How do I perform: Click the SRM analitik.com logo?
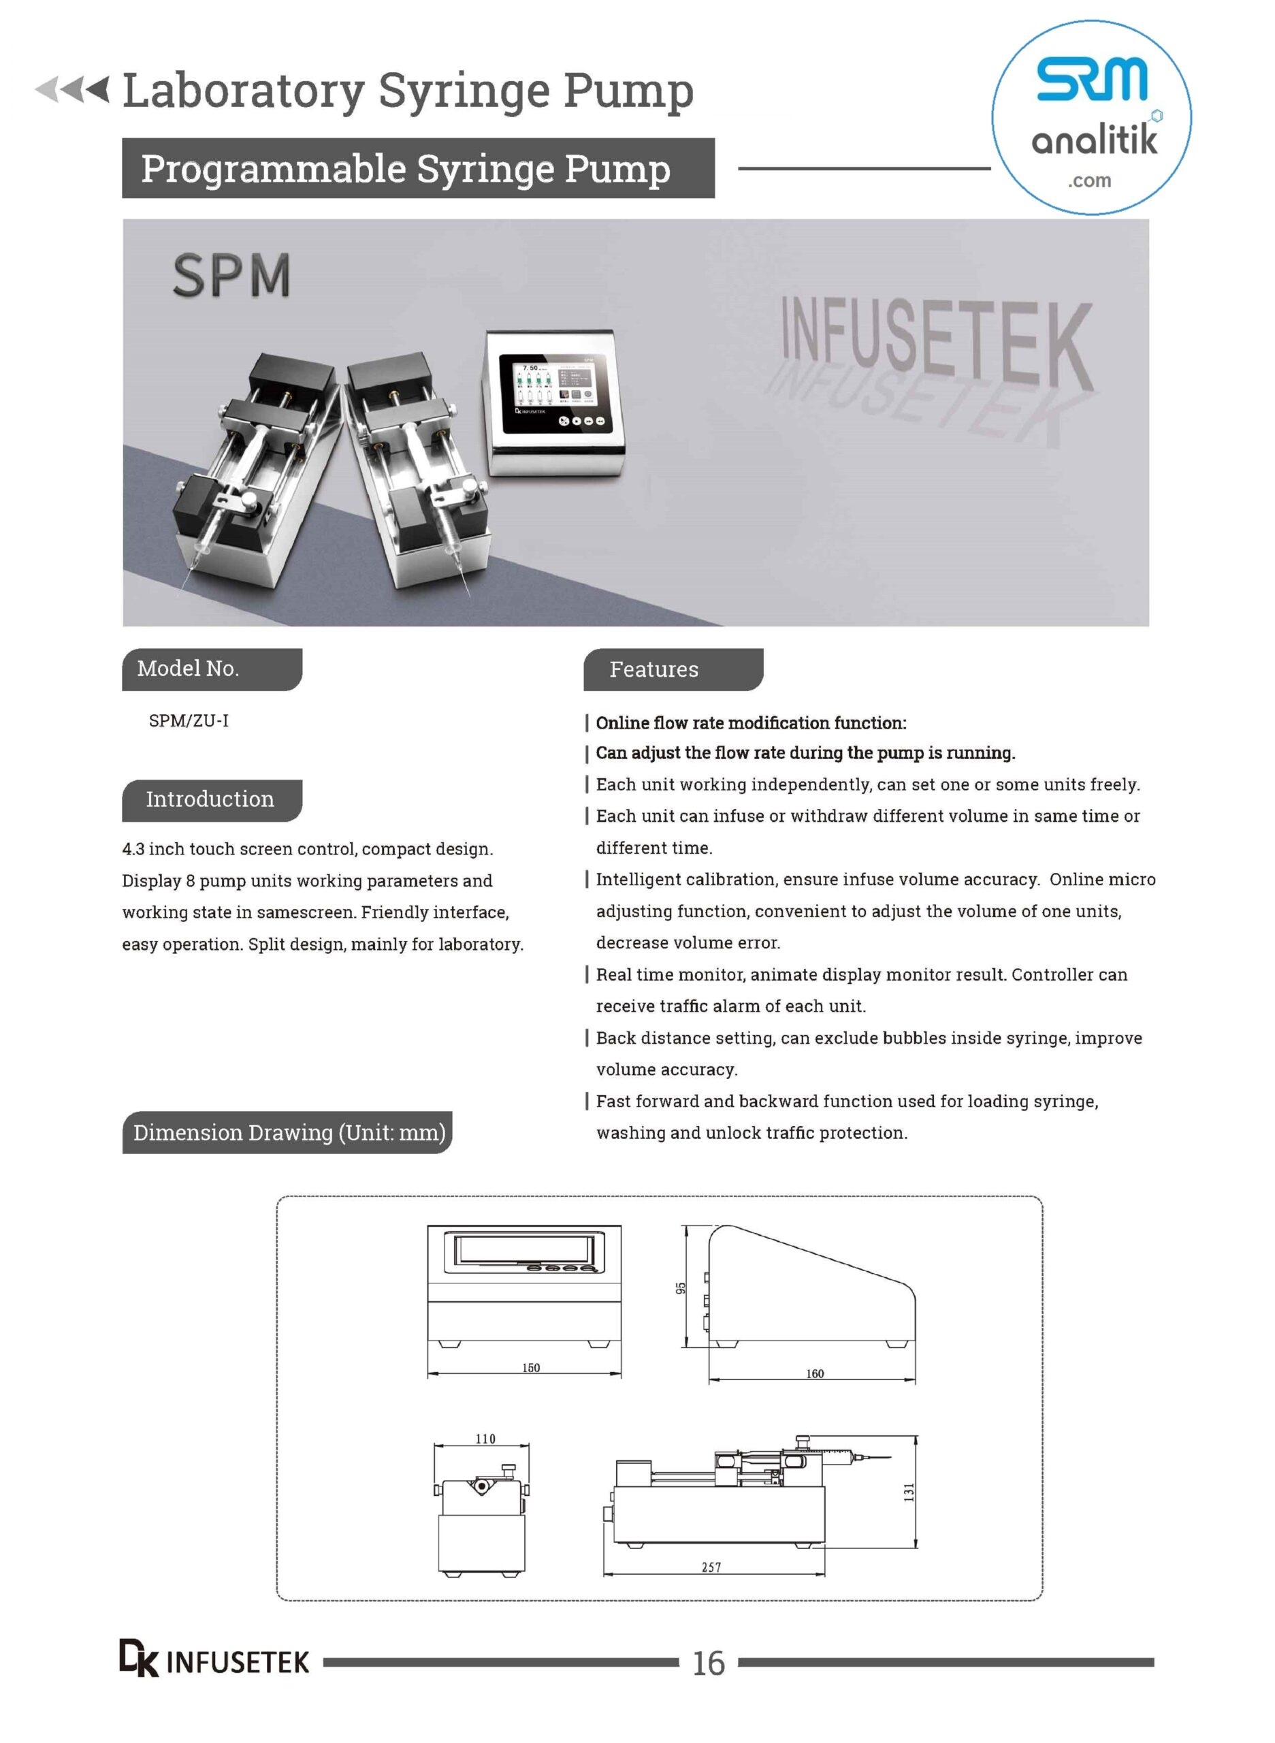tap(1091, 116)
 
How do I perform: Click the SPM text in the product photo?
tap(231, 276)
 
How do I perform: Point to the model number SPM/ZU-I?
tap(189, 720)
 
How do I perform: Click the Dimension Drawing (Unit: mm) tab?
tap(288, 1132)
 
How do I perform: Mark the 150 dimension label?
tap(531, 1367)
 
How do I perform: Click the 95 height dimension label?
tap(680, 1288)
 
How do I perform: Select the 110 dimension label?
tap(485, 1438)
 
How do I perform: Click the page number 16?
tap(708, 1663)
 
